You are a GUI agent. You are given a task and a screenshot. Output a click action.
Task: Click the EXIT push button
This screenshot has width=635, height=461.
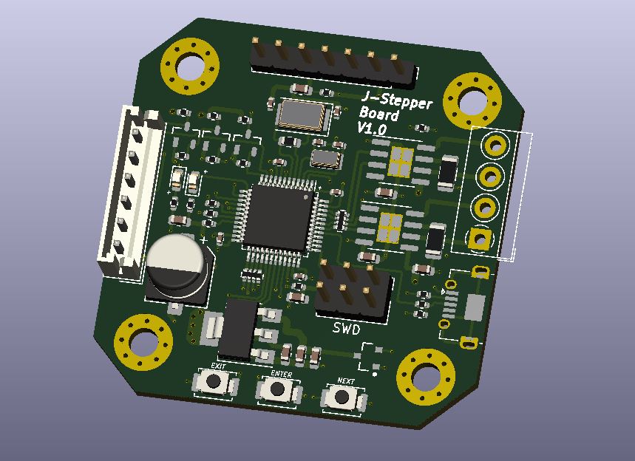tap(214, 382)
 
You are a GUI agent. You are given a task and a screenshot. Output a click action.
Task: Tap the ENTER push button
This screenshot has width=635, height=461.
tap(278, 389)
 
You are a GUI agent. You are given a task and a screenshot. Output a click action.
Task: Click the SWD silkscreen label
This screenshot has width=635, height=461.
tap(346, 329)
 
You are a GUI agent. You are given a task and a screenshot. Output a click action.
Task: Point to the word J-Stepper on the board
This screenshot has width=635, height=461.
tap(396, 100)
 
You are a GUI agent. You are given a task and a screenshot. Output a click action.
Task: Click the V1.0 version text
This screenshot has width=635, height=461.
tap(372, 129)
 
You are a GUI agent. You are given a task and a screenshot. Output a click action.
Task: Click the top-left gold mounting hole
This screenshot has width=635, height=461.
tap(190, 66)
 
